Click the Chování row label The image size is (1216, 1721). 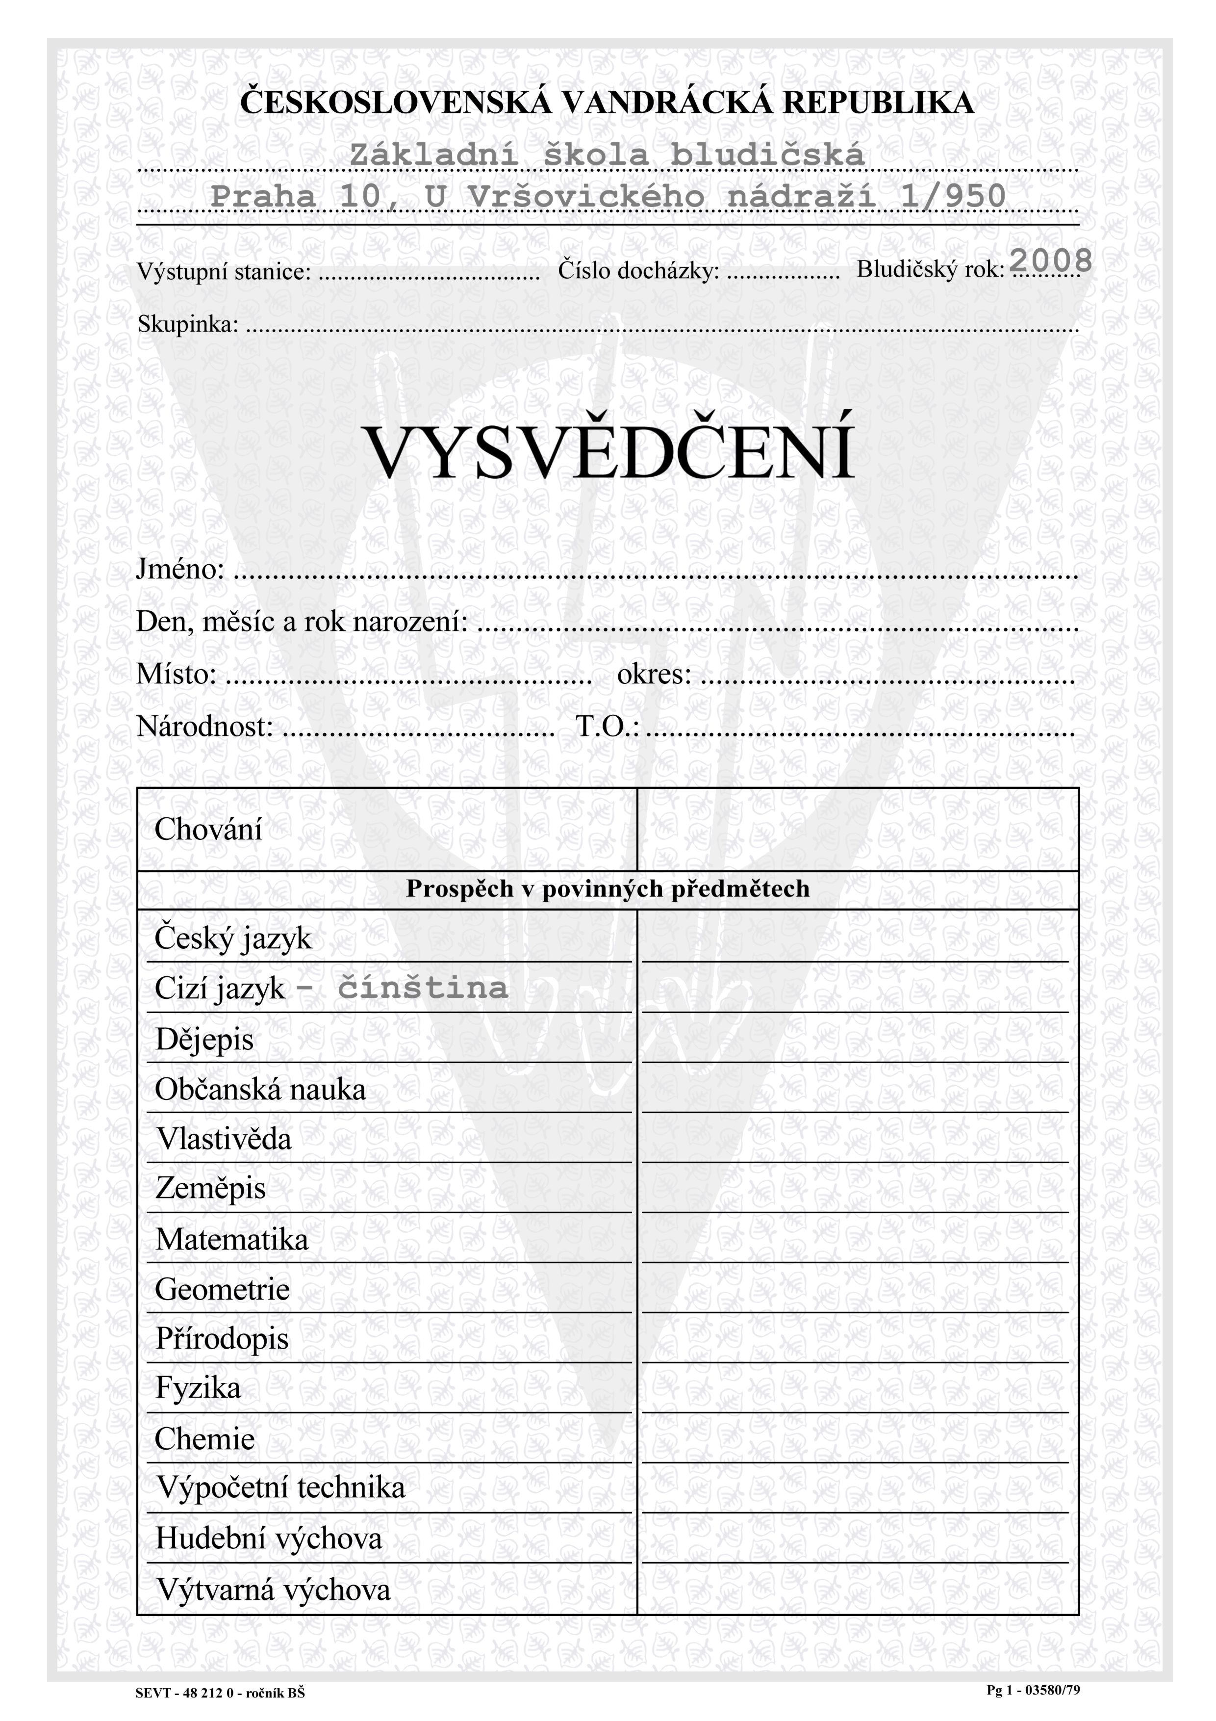coord(208,829)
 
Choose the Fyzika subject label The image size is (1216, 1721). coord(198,1387)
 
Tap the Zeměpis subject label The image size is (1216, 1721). coord(210,1189)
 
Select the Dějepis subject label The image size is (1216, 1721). coord(204,1040)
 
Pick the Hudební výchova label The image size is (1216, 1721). coord(268,1538)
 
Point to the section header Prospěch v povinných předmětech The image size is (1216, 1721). coord(608,888)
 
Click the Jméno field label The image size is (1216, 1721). coord(180,569)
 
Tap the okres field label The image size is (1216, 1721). coord(653,674)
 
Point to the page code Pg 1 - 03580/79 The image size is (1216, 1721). coord(1033,1690)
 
